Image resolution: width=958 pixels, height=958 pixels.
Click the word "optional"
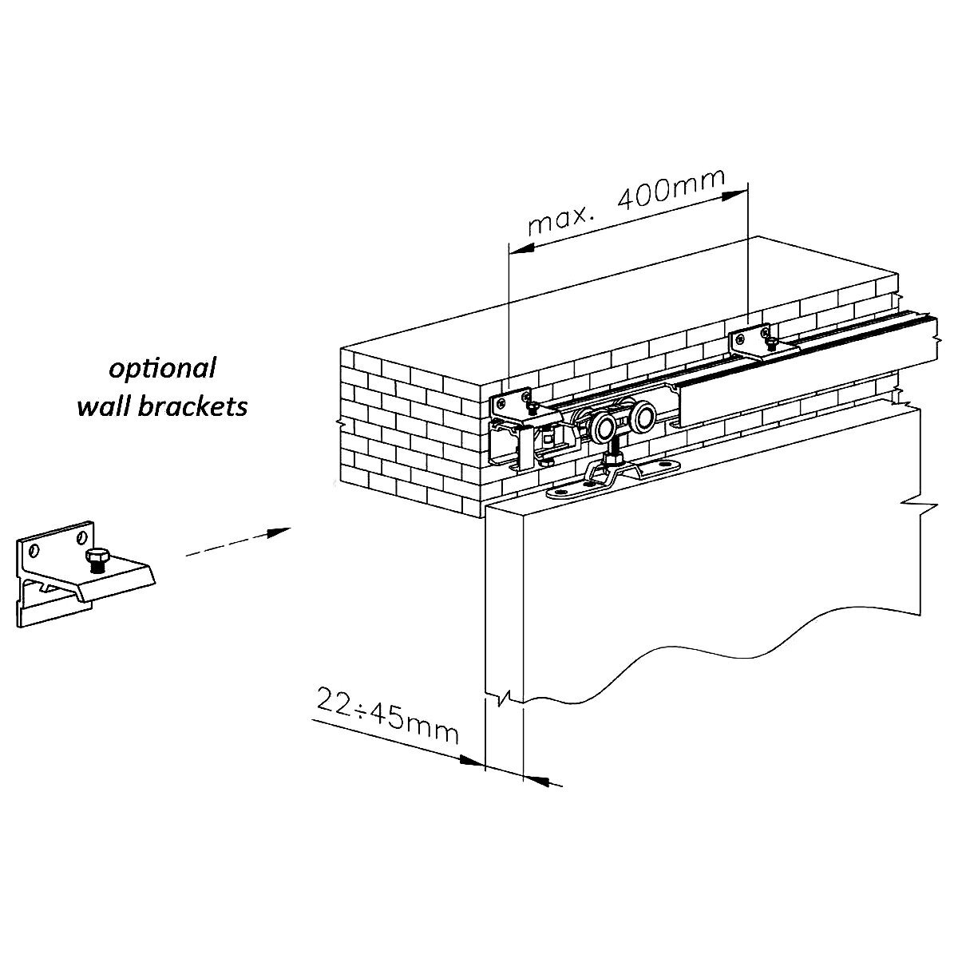point(163,368)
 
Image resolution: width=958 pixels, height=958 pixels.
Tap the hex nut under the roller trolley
point(616,460)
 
